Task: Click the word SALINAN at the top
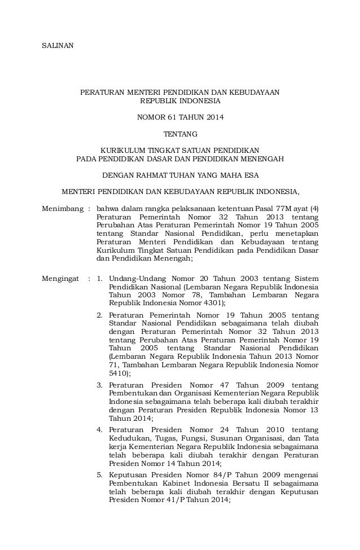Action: coord(58,45)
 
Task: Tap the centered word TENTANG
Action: coord(180,134)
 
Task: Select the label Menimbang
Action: coord(62,209)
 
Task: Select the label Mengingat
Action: coord(60,279)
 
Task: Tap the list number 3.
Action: coord(99,385)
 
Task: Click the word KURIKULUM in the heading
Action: coord(121,151)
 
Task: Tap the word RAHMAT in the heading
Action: coord(155,175)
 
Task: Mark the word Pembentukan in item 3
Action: coord(131,393)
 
